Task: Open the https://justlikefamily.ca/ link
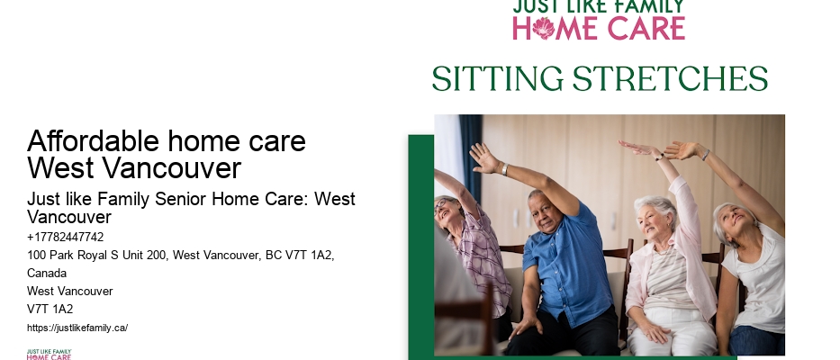77,328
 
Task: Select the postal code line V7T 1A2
50,309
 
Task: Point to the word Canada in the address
47,273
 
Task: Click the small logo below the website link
49,355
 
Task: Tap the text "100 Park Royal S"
70,256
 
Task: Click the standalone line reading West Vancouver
69,291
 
